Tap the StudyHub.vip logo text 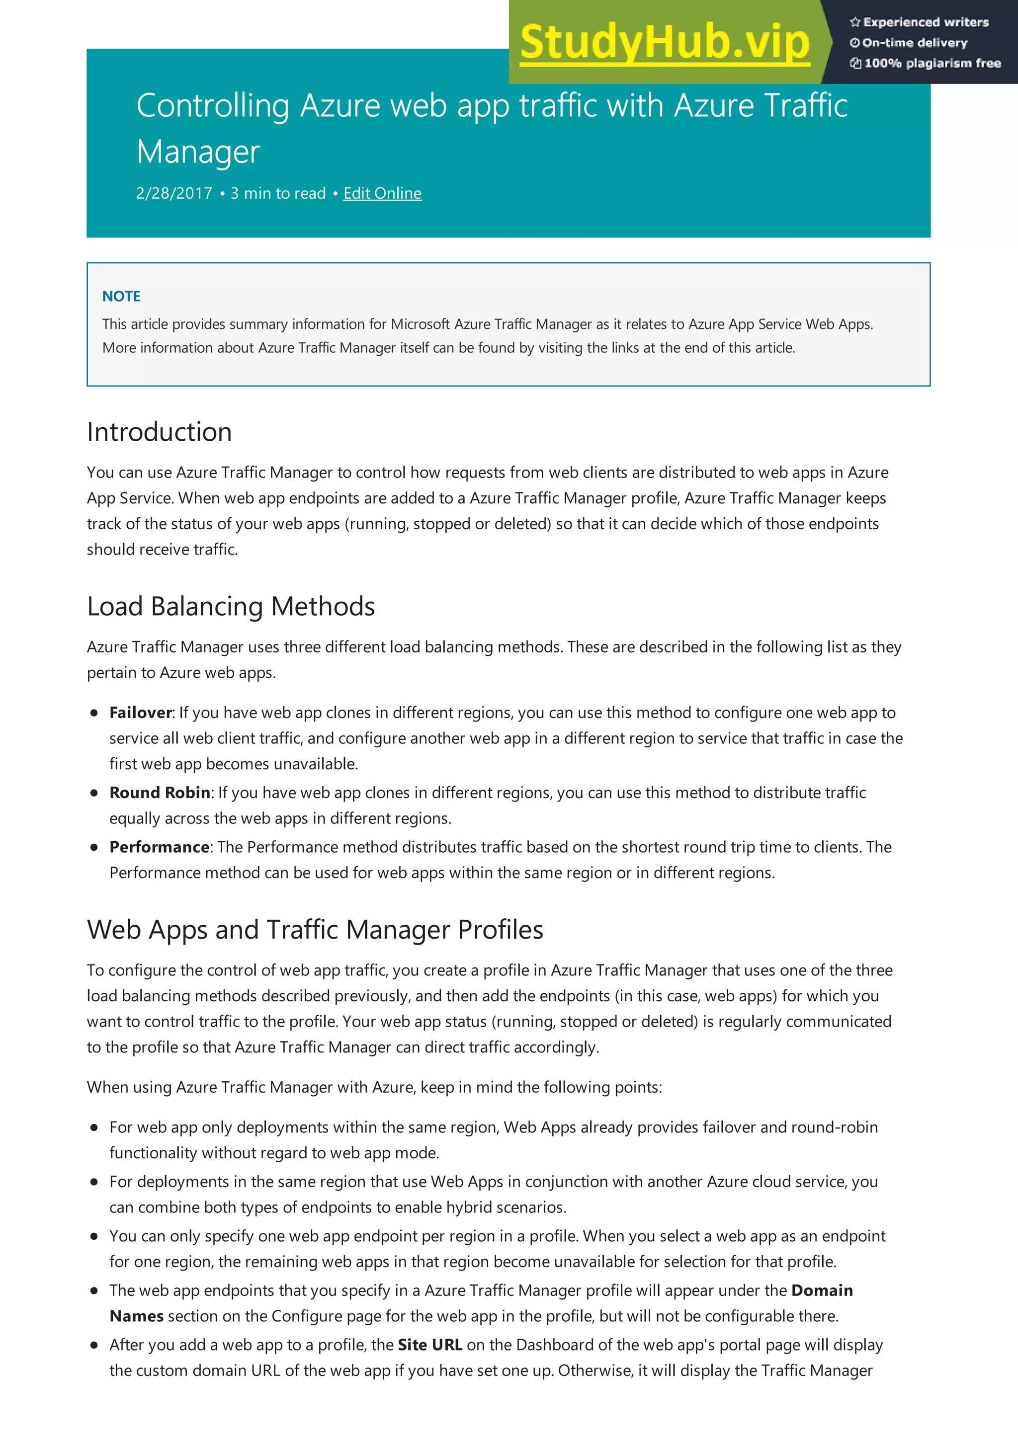(x=665, y=43)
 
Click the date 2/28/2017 (x=174, y=193)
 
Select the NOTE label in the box (x=121, y=296)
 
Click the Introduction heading (x=160, y=432)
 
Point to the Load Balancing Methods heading (x=231, y=607)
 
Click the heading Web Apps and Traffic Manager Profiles (x=315, y=930)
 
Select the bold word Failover (x=141, y=713)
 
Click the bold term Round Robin (x=160, y=793)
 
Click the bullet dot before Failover (x=94, y=713)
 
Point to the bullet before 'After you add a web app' (x=94, y=1345)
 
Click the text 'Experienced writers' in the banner (x=925, y=22)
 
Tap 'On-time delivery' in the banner (x=915, y=43)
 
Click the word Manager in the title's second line (x=198, y=153)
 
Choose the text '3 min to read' (x=278, y=193)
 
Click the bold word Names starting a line (x=137, y=1316)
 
